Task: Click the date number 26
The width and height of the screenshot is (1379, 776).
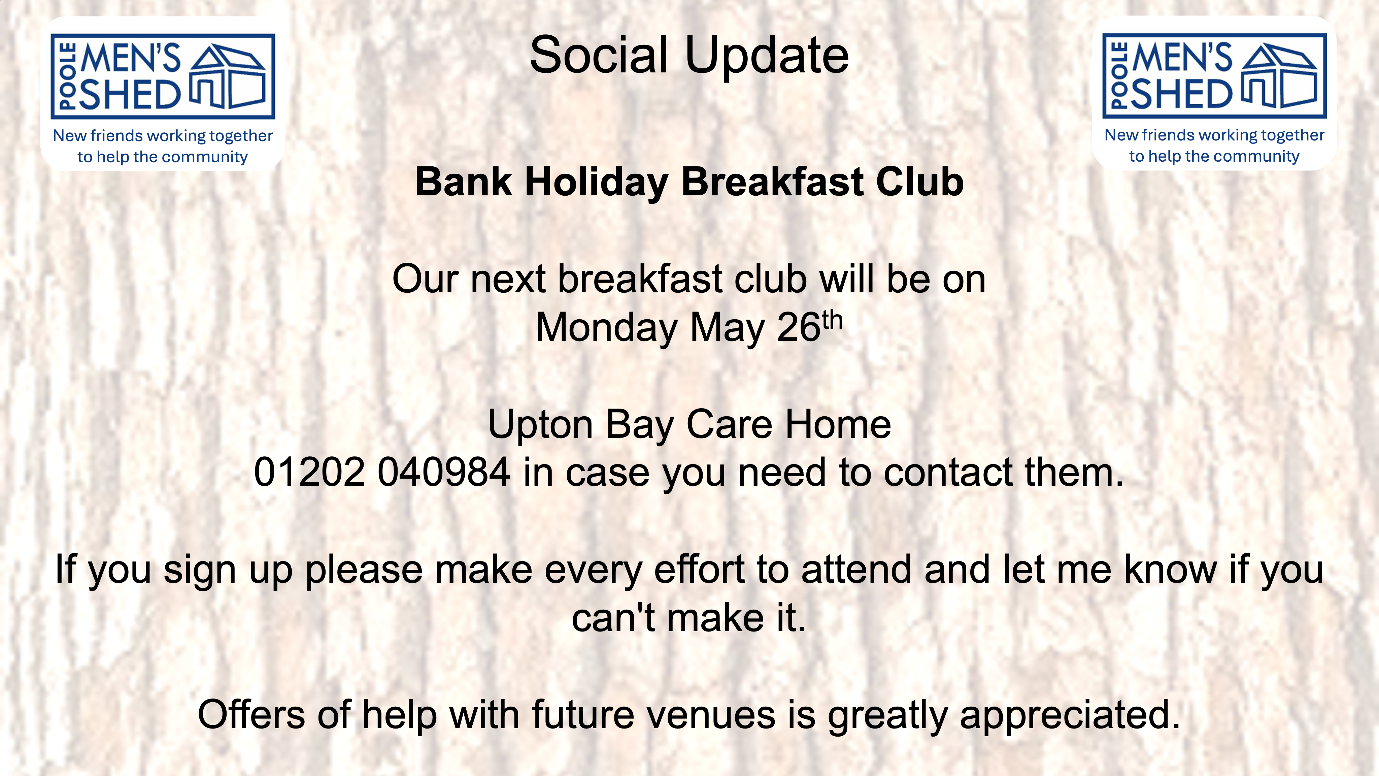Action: (x=799, y=327)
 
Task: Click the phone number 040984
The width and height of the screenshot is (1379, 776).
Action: (x=444, y=472)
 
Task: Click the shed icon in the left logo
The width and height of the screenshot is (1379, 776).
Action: (x=228, y=76)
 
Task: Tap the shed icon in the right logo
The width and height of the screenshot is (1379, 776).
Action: (x=1279, y=76)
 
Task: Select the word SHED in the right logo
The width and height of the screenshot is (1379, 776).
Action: (x=1181, y=94)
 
